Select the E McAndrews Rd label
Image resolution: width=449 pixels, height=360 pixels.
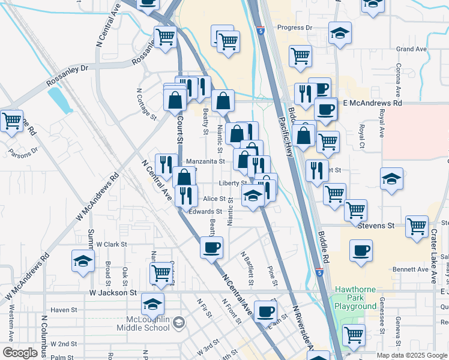point(372,103)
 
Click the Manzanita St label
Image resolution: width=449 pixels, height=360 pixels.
point(205,161)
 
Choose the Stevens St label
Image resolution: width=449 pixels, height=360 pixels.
point(376,226)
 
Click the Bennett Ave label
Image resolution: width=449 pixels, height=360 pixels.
point(411,269)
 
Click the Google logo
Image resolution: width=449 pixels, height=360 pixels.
point(20,352)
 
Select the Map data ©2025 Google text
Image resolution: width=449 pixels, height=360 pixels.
point(411,355)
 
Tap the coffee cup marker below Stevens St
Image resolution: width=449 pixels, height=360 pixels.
point(361,251)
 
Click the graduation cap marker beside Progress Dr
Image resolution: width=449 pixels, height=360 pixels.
point(340,34)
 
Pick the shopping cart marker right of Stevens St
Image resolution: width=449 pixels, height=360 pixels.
point(417,226)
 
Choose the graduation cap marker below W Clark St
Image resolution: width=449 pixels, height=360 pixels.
point(83,261)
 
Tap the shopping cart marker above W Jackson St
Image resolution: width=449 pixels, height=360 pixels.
point(161,273)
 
